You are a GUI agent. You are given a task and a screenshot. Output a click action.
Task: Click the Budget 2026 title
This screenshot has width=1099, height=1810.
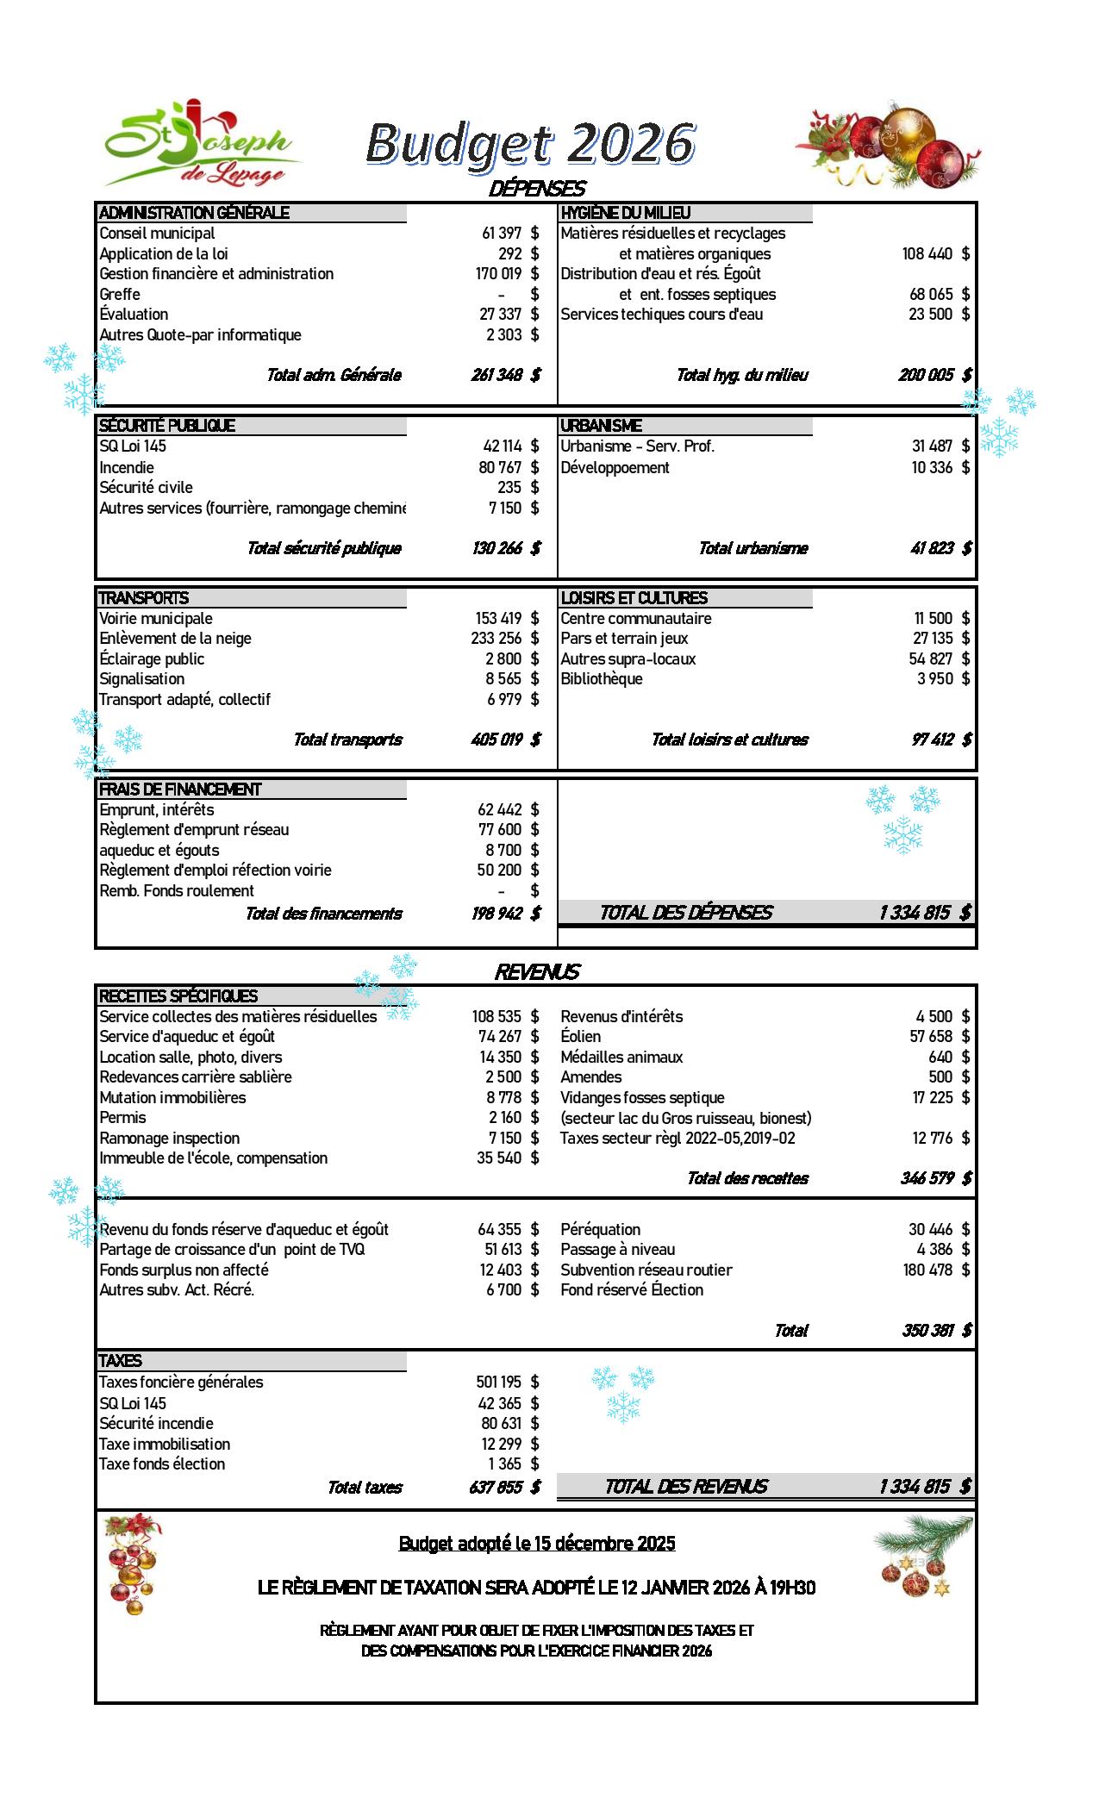[x=530, y=143]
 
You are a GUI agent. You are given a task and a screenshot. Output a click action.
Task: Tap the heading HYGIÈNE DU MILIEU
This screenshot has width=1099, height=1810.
[x=626, y=213]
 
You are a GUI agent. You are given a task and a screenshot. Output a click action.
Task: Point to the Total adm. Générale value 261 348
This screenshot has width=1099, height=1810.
[x=496, y=375]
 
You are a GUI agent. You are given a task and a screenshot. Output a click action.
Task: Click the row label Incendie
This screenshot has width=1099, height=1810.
[x=127, y=468]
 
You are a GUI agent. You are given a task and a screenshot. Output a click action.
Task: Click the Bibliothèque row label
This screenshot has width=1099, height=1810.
[x=602, y=679]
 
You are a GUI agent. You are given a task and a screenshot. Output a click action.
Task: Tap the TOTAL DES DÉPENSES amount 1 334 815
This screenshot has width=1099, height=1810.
[x=915, y=913]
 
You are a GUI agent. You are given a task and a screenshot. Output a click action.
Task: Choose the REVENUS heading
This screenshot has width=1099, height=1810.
[x=536, y=972]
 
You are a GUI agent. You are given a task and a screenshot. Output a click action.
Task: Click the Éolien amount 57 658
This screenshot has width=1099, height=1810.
[x=931, y=1037]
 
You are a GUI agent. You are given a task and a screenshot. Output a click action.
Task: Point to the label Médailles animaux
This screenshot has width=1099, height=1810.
[x=621, y=1058]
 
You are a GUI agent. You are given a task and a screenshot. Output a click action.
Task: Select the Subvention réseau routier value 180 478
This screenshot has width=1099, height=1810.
[x=927, y=1270]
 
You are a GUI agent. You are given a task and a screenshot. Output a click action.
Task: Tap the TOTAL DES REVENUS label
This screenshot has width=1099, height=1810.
[x=686, y=1486]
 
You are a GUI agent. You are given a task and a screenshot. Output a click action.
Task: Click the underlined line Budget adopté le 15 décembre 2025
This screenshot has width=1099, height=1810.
[x=537, y=1544]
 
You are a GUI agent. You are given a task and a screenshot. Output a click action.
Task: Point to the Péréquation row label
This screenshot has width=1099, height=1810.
[x=601, y=1230]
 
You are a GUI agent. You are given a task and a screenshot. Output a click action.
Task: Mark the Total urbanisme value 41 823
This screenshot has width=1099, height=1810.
[x=932, y=548]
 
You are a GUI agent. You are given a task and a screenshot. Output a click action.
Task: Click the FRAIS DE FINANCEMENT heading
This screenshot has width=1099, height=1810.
[x=180, y=790]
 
